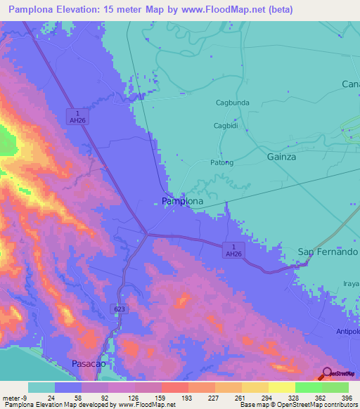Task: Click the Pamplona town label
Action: click(182, 201)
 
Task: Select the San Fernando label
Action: click(328, 252)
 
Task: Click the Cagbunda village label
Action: click(232, 103)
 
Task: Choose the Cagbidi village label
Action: click(226, 126)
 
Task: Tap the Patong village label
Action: click(221, 162)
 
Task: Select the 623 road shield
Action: click(122, 308)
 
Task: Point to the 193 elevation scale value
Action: click(167, 398)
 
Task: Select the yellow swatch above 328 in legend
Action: click(281, 387)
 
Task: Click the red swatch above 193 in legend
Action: click(174, 387)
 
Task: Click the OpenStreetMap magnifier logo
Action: click(328, 375)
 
